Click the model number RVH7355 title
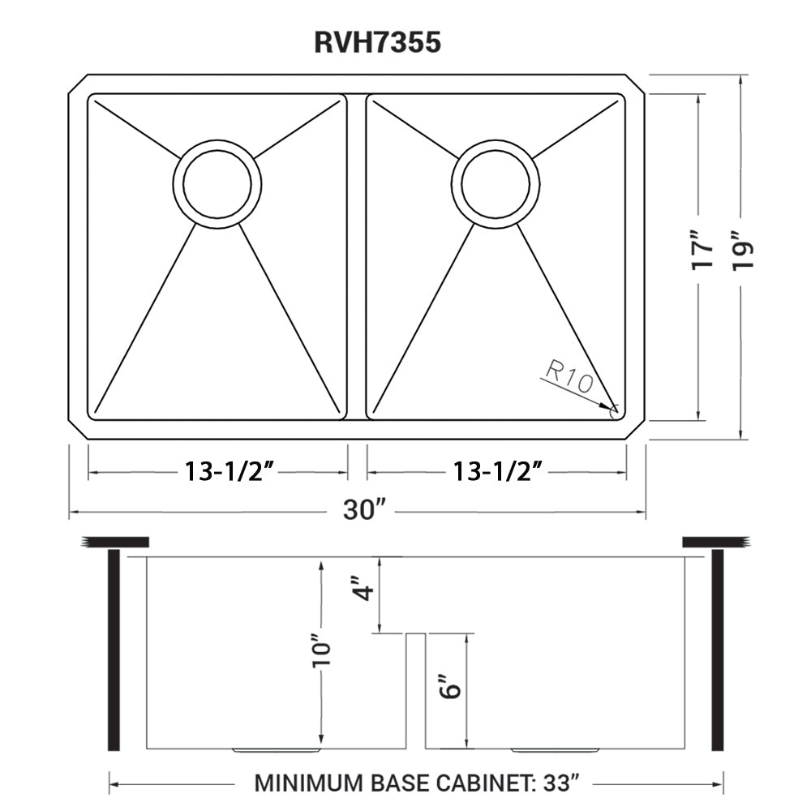378,42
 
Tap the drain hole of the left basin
217,183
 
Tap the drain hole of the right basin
496,183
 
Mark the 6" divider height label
451,688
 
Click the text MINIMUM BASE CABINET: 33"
416,783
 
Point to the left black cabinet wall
114,650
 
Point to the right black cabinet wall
717,650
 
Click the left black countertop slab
115,542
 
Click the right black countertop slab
714,542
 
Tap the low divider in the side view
415,689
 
